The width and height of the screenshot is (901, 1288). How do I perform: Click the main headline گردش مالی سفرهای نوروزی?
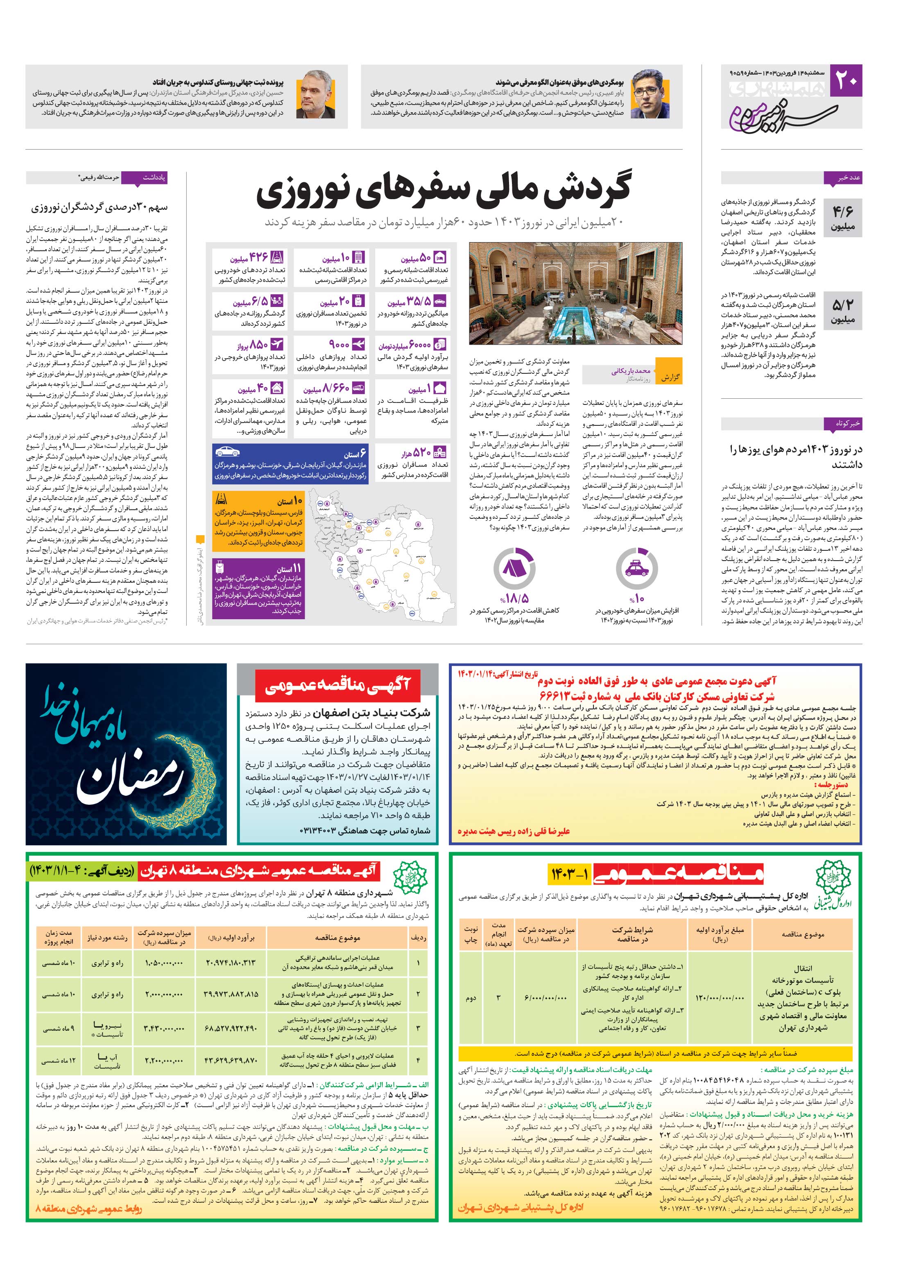coord(444,193)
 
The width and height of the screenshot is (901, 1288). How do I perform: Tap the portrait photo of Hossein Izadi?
coord(314,96)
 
